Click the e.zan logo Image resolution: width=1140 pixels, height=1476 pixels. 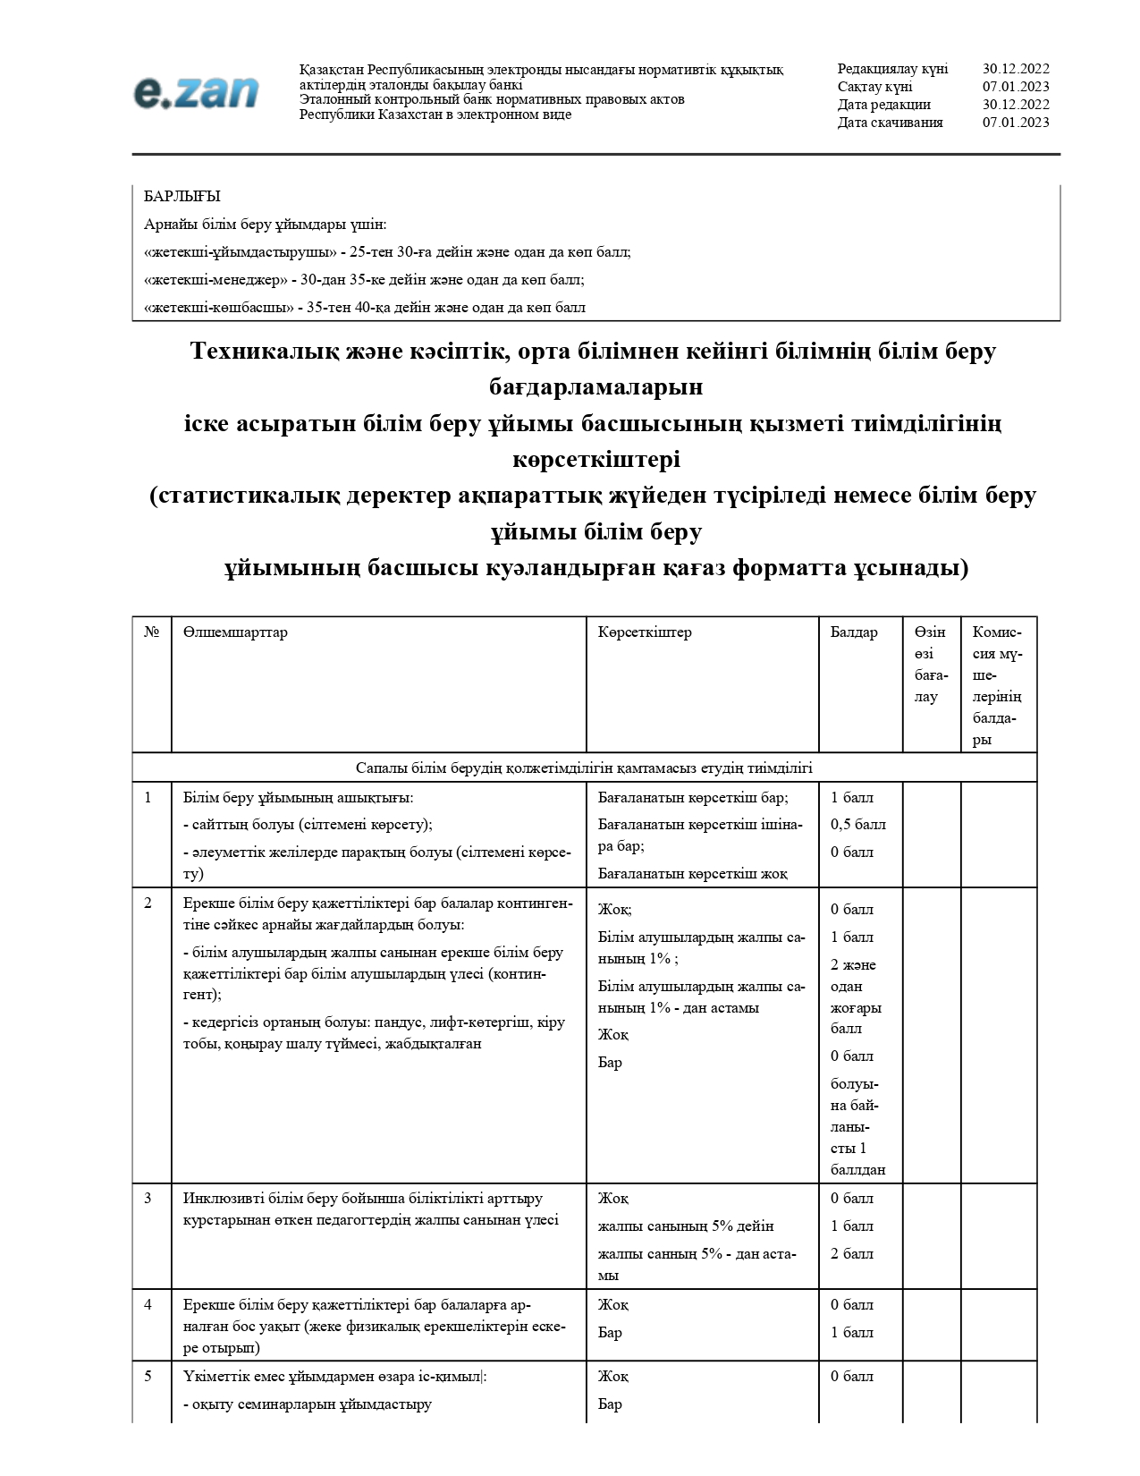(196, 92)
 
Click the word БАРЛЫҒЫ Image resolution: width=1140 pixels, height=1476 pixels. (182, 196)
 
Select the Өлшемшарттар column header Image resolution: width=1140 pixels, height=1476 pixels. (235, 632)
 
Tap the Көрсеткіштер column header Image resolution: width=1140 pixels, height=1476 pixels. (645, 632)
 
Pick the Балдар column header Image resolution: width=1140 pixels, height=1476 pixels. (853, 632)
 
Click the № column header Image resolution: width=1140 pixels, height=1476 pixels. (151, 632)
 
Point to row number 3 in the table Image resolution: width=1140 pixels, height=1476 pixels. (148, 1199)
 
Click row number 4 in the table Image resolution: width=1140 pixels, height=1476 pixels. (148, 1305)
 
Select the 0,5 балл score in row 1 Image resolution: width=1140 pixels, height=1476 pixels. (857, 825)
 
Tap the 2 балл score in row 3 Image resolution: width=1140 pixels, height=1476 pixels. (851, 1254)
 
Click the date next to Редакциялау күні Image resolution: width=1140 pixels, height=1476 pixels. (1016, 69)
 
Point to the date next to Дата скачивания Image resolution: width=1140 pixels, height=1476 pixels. (1016, 123)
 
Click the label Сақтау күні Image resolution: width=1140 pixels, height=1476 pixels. (874, 87)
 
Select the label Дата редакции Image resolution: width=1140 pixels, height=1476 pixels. (883, 105)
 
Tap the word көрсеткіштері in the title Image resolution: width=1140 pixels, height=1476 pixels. (596, 460)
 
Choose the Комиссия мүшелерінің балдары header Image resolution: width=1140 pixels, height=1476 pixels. (997, 685)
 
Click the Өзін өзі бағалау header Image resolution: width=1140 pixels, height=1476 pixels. (931, 664)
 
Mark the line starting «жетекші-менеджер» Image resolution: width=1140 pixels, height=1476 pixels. (364, 280)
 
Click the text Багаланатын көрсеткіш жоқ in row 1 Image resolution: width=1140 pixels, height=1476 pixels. (692, 874)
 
